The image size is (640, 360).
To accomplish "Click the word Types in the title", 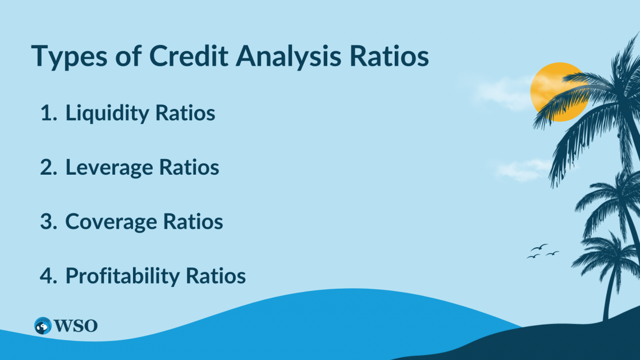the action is point(70,56).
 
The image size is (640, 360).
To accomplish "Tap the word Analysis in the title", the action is point(288,56).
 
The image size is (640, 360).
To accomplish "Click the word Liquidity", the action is point(107,113).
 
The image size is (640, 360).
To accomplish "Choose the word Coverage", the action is point(111,222).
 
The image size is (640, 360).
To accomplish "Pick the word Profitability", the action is point(122,276).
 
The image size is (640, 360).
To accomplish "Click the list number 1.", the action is point(48,113).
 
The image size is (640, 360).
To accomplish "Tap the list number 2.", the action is point(48,167).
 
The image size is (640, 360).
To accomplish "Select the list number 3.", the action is point(48,222).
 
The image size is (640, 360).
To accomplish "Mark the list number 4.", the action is point(48,276).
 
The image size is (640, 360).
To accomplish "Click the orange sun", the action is point(559,92).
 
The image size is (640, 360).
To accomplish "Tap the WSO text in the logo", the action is point(76,326).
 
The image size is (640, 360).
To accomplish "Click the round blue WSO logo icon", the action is point(43,326).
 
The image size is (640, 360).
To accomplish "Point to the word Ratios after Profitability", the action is point(216,276).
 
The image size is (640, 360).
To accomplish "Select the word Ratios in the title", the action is point(389,56).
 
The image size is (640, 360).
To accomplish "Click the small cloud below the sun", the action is point(523,169).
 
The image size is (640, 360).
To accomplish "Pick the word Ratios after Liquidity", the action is point(185,113).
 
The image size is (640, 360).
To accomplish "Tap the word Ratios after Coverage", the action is point(193,222).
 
